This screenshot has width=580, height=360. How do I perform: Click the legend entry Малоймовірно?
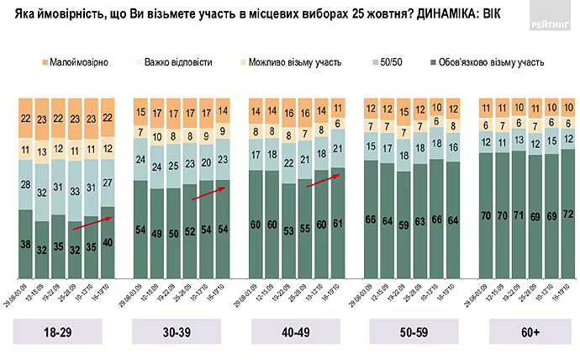pos(73,62)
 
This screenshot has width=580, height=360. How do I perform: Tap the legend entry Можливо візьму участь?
pos(289,62)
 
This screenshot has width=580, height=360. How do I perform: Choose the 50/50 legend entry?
pos(388,62)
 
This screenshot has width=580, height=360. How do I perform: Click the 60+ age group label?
pos(529,333)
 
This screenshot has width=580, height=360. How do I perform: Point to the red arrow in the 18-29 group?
pos(92,221)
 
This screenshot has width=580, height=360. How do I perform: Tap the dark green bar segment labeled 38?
pos(27,245)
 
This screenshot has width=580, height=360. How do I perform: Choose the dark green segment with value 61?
pos(338,223)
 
